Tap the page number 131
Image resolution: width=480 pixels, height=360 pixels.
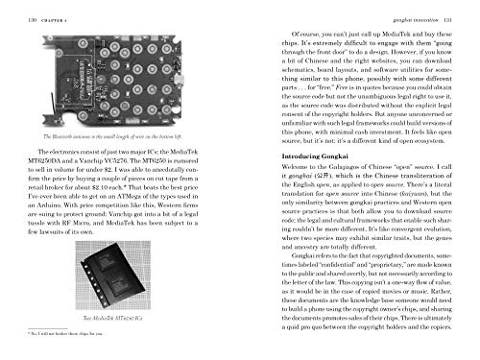[x=468, y=8]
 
